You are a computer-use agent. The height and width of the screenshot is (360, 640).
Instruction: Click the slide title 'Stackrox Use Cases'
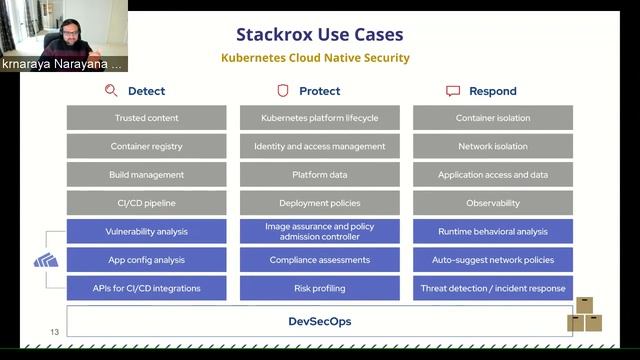[x=319, y=35]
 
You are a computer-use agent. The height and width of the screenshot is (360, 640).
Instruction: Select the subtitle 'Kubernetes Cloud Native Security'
[x=315, y=58]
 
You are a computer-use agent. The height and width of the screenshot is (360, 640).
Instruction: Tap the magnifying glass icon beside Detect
[x=111, y=91]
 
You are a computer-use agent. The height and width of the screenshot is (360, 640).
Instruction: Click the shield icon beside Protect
[x=283, y=91]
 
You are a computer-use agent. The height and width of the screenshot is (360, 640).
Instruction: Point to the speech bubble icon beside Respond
[x=453, y=91]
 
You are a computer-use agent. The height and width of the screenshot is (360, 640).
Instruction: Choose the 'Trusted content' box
[x=146, y=118]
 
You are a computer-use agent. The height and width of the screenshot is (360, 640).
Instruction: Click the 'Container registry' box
[x=146, y=146]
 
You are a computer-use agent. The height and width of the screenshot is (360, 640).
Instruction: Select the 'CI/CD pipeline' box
[x=146, y=203]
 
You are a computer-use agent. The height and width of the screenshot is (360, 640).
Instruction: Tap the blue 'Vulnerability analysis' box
[x=146, y=232]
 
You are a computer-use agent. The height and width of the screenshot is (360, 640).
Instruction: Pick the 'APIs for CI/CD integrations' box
[x=146, y=289]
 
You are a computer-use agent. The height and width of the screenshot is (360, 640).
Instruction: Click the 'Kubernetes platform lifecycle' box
[x=319, y=118]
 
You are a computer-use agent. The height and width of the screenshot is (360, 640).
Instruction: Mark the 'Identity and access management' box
[x=319, y=146]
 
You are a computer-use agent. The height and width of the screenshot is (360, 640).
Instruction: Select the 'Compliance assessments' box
[x=319, y=260]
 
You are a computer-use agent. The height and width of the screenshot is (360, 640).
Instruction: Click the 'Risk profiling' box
[x=319, y=289]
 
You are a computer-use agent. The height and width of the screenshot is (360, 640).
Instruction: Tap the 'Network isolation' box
[x=492, y=146]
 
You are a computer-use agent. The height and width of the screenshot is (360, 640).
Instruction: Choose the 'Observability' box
[x=492, y=203]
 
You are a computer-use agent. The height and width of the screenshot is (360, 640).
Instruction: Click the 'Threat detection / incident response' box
[x=492, y=289]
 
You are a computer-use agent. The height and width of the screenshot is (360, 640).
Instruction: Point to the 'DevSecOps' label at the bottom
[x=319, y=322]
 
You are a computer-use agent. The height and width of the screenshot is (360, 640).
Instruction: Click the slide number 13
[x=55, y=332]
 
